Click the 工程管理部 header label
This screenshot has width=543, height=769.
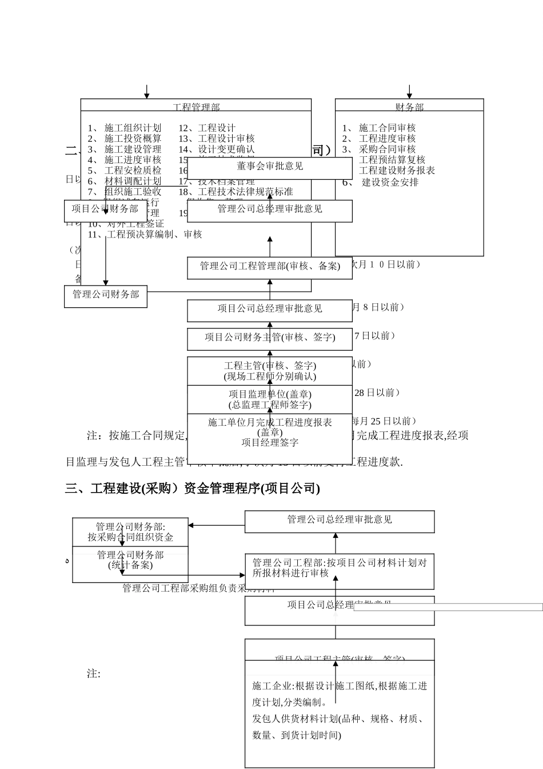pyautogui.click(x=196, y=107)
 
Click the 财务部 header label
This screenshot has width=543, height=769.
pyautogui.click(x=409, y=107)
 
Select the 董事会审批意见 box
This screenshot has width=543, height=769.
pyautogui.click(x=270, y=167)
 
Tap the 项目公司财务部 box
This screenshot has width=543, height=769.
pyautogui.click(x=105, y=209)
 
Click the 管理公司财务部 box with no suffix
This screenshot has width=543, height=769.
pyautogui.click(x=106, y=295)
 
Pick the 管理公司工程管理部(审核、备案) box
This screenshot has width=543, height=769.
pyautogui.click(x=270, y=266)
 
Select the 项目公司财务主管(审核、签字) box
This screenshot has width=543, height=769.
pyautogui.click(x=270, y=338)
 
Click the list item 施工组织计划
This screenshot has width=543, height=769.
pyautogui.click(x=133, y=128)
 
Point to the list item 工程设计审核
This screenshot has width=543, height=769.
pyautogui.click(x=226, y=138)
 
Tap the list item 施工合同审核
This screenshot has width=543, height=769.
pyautogui.click(x=387, y=128)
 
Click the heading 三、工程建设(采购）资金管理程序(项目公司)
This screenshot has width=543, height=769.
pyautogui.click(x=193, y=488)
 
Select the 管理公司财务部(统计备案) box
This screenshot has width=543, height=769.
pyautogui.click(x=130, y=560)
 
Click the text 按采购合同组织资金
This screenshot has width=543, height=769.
pyautogui.click(x=130, y=537)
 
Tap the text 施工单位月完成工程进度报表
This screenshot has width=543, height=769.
pyautogui.click(x=270, y=423)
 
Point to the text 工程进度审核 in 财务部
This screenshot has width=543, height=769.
pyautogui.click(x=387, y=138)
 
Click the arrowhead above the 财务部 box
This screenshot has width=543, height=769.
pyautogui.click(x=409, y=95)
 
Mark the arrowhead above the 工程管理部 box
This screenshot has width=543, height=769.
pyautogui.click(x=146, y=95)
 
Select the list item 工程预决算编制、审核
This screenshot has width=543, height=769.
pyautogui.click(x=154, y=234)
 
